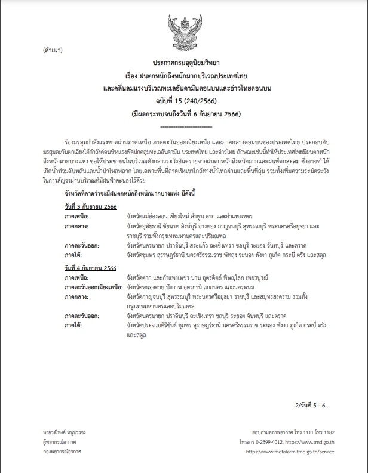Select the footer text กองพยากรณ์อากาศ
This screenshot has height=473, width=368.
pos(62,452)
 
